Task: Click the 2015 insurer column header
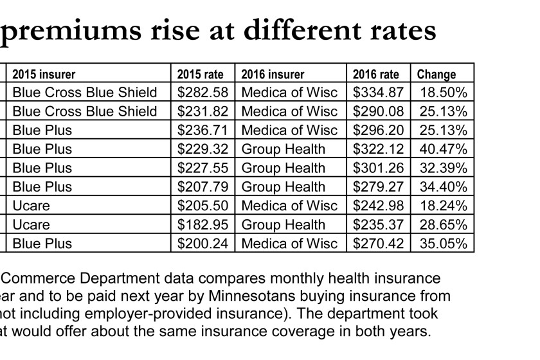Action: click(x=44, y=74)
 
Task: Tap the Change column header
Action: click(x=437, y=74)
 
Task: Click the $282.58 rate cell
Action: click(x=201, y=93)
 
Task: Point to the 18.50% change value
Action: click(x=443, y=93)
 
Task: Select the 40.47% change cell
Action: click(x=443, y=149)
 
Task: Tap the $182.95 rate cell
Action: click(x=201, y=225)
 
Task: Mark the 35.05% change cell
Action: click(x=443, y=244)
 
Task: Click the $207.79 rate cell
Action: click(x=201, y=187)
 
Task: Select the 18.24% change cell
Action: click(x=443, y=206)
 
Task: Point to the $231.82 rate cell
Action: click(x=201, y=111)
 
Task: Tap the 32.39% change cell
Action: click(x=443, y=168)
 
